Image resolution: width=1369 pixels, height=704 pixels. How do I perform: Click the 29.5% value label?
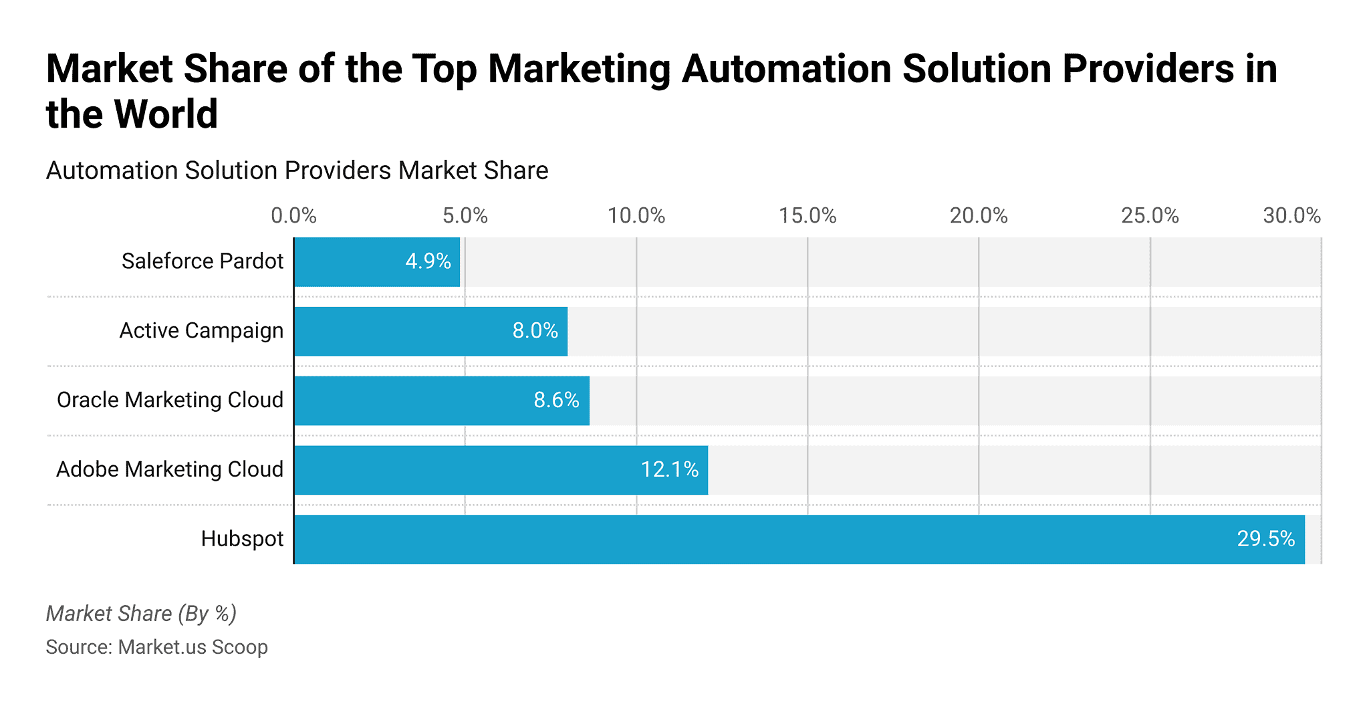(x=1265, y=539)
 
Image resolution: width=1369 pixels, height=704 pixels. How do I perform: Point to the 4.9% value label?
(x=428, y=261)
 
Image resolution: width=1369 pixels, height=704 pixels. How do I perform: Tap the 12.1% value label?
(x=669, y=469)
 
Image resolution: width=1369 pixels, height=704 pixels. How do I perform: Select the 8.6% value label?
(x=556, y=400)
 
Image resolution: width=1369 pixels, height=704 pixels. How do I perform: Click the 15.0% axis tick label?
(x=807, y=216)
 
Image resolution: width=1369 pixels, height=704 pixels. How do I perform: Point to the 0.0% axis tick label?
(x=293, y=216)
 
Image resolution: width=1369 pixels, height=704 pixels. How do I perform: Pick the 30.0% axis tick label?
(x=1291, y=216)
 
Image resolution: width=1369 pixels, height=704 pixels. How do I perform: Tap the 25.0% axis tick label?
(x=1150, y=216)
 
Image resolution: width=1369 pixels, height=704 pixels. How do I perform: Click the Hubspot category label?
(x=242, y=539)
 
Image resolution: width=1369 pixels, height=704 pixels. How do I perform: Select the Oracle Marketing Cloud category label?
(x=170, y=400)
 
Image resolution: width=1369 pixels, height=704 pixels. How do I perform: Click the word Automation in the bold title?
(x=786, y=69)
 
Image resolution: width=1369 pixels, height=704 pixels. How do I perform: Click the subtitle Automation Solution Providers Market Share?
(x=297, y=170)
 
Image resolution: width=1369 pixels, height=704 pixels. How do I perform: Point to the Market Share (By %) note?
(x=141, y=613)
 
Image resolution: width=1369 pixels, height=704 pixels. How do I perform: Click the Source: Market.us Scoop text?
(x=156, y=647)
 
